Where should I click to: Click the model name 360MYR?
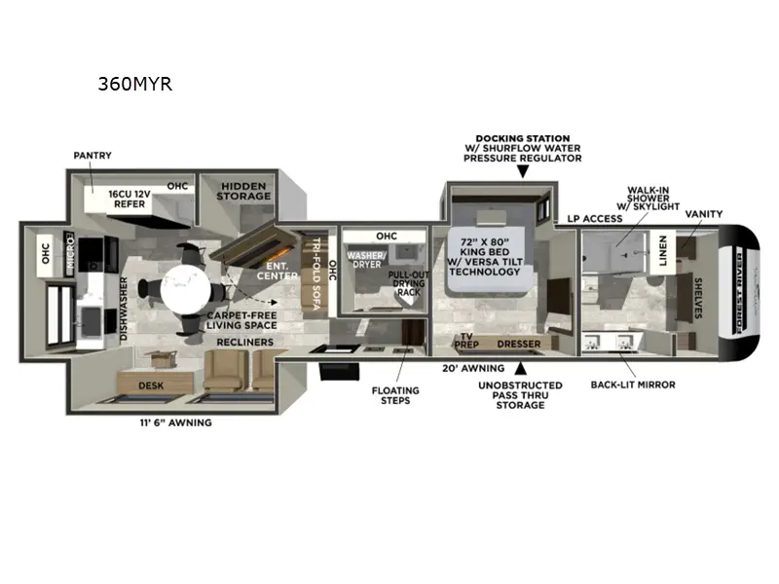point(134,84)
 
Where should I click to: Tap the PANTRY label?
point(93,155)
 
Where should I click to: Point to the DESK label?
point(150,385)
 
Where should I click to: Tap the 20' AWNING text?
point(472,368)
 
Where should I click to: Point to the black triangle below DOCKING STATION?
point(523,171)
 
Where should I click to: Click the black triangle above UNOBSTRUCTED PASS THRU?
point(523,368)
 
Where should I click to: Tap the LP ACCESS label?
point(595,218)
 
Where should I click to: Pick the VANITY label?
point(704,213)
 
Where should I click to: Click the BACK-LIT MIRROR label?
point(633,384)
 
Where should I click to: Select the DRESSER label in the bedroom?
point(519,344)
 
